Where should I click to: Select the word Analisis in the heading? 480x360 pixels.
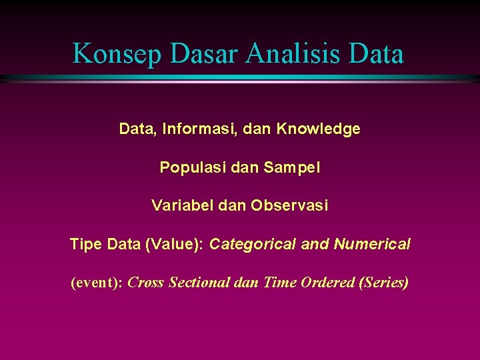(297, 53)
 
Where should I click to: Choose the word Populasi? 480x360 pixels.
(190, 167)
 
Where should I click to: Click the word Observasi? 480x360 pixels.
(289, 206)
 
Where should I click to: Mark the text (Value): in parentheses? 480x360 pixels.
(175, 245)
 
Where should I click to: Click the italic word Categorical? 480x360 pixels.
(253, 245)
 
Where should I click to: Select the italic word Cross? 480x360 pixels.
(146, 283)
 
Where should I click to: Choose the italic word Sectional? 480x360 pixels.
(199, 283)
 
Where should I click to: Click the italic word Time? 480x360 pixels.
(280, 283)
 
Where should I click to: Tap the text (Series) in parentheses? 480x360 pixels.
(384, 283)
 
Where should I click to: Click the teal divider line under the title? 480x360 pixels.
(240, 79)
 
